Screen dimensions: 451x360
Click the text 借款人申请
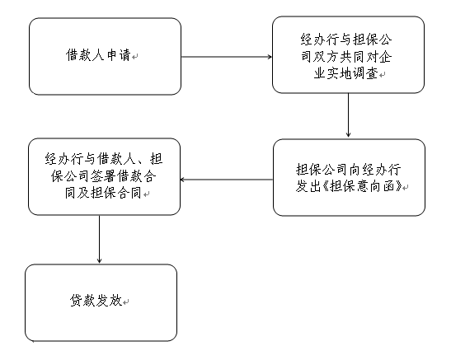pyautogui.click(x=98, y=55)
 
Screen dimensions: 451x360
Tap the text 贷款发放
pyautogui.click(x=96, y=301)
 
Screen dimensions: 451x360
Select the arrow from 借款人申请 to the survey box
pyautogui.click(x=227, y=57)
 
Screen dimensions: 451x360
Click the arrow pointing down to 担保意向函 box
pyautogui.click(x=348, y=115)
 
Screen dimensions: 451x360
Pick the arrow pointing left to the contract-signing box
pyautogui.click(x=227, y=180)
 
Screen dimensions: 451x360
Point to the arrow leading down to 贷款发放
pyautogui.click(x=99, y=240)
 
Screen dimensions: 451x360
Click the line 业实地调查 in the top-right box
pyautogui.click(x=345, y=74)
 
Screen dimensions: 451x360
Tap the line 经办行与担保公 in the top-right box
pyautogui.click(x=346, y=40)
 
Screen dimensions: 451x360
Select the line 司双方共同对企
pyautogui.click(x=346, y=57)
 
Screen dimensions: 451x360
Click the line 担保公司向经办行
pyautogui.click(x=348, y=170)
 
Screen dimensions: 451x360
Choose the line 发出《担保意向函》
pyautogui.click(x=349, y=187)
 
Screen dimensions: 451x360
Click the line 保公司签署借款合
pyautogui.click(x=104, y=175)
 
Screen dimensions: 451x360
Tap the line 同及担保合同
pyautogui.click(x=103, y=193)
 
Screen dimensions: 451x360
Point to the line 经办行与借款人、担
pyautogui.click(x=104, y=159)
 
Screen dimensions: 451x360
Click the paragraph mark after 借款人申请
pyautogui.click(x=134, y=57)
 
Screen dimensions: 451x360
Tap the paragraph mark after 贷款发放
pyautogui.click(x=125, y=302)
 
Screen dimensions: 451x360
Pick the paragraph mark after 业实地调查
pyautogui.click(x=382, y=75)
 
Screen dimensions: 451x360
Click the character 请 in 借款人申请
pyautogui.click(x=124, y=55)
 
